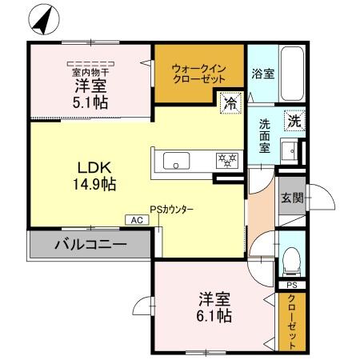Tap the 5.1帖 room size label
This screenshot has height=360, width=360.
pyautogui.click(x=90, y=102)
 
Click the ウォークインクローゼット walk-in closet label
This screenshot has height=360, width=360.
pyautogui.click(x=198, y=74)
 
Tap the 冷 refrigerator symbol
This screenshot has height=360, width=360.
pyautogui.click(x=230, y=102)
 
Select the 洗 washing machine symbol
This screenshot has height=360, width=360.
pyautogui.click(x=294, y=122)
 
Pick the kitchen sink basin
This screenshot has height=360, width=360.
pyautogui.click(x=177, y=162)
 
